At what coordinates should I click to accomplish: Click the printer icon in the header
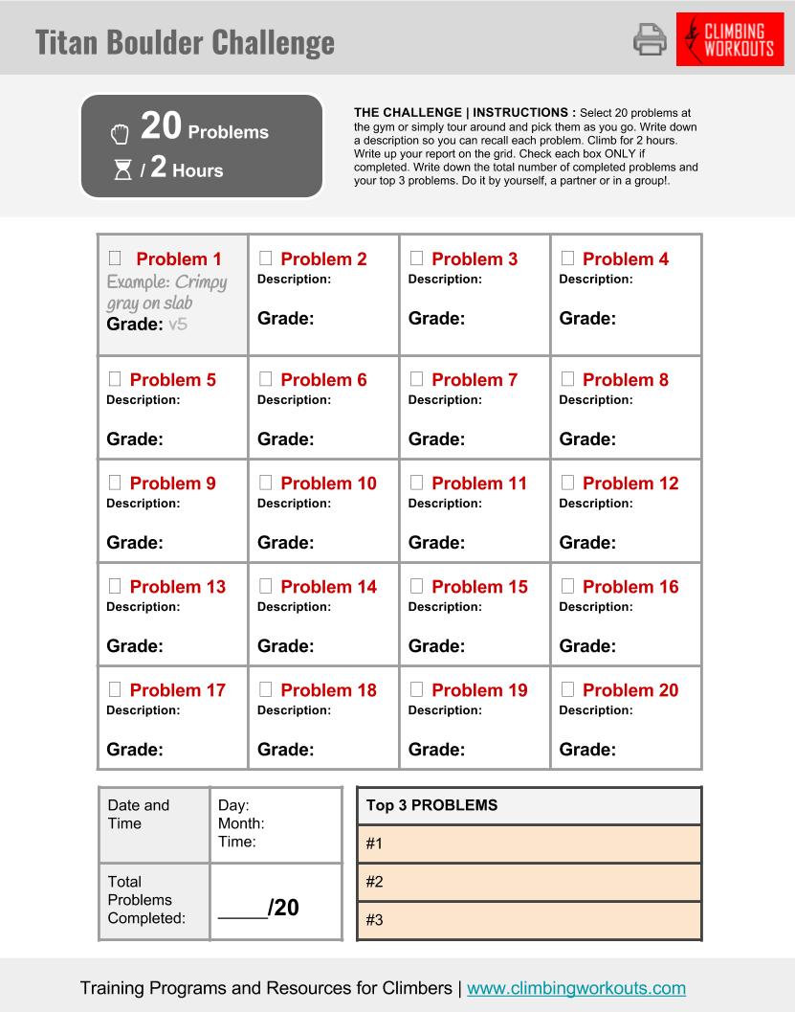650,39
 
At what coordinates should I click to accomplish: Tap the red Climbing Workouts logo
729,39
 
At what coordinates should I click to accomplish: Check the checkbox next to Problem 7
417,379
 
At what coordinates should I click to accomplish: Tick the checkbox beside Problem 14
266,586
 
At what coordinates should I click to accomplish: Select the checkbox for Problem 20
567,689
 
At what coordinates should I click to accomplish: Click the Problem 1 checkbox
115,259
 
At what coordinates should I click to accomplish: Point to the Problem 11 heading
479,484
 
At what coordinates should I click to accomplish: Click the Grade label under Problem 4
587,319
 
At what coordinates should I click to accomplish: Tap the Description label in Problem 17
143,710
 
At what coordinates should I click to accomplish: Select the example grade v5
177,325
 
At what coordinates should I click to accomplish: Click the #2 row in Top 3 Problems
529,882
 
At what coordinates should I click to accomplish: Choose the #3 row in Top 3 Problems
529,920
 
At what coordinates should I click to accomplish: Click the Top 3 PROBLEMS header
432,805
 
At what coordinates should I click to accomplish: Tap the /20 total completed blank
258,908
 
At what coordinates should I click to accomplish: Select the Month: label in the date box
241,823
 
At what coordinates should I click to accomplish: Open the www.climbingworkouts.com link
576,988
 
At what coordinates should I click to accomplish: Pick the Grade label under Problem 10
285,543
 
